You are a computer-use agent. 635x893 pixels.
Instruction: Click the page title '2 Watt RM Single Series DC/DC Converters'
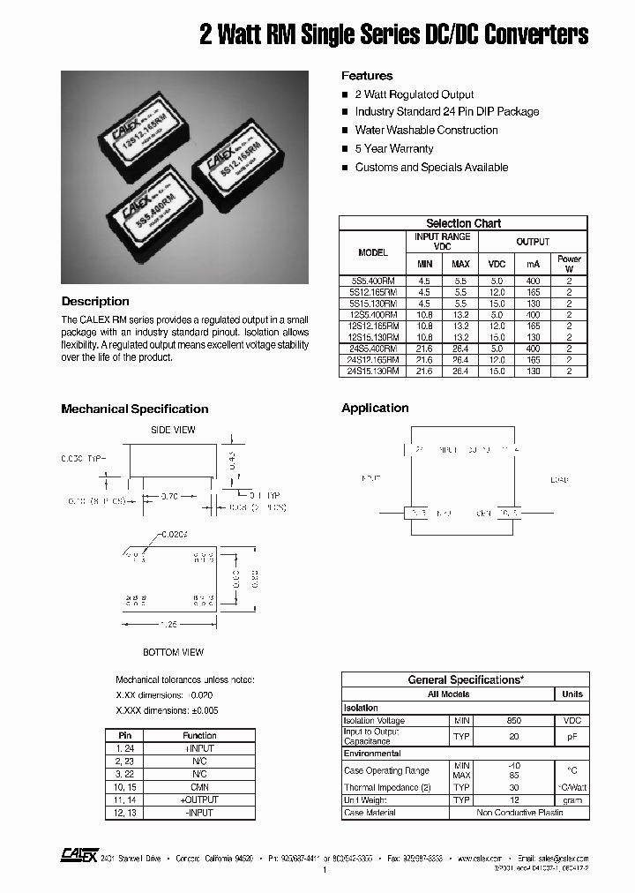(x=394, y=34)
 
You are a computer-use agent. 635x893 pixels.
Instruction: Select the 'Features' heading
(x=367, y=76)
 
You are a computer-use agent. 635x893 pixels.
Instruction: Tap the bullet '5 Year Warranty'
(x=394, y=149)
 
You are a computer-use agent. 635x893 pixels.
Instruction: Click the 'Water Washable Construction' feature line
(x=426, y=131)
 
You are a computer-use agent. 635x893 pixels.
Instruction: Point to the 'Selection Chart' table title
(x=463, y=223)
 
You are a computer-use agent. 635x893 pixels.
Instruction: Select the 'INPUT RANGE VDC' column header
(x=443, y=242)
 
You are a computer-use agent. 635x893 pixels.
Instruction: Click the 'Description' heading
(x=95, y=302)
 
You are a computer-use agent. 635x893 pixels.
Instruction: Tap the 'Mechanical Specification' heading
(x=134, y=409)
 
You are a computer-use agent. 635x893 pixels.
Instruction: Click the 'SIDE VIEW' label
(x=173, y=431)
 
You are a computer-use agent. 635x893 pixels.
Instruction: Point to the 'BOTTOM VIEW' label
(x=173, y=652)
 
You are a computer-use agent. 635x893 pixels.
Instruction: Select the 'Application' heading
(x=375, y=409)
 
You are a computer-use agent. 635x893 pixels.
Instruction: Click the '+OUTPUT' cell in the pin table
(x=200, y=799)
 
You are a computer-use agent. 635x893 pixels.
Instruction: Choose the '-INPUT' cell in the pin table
(x=200, y=812)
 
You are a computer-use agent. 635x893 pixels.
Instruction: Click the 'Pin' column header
(x=123, y=735)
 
